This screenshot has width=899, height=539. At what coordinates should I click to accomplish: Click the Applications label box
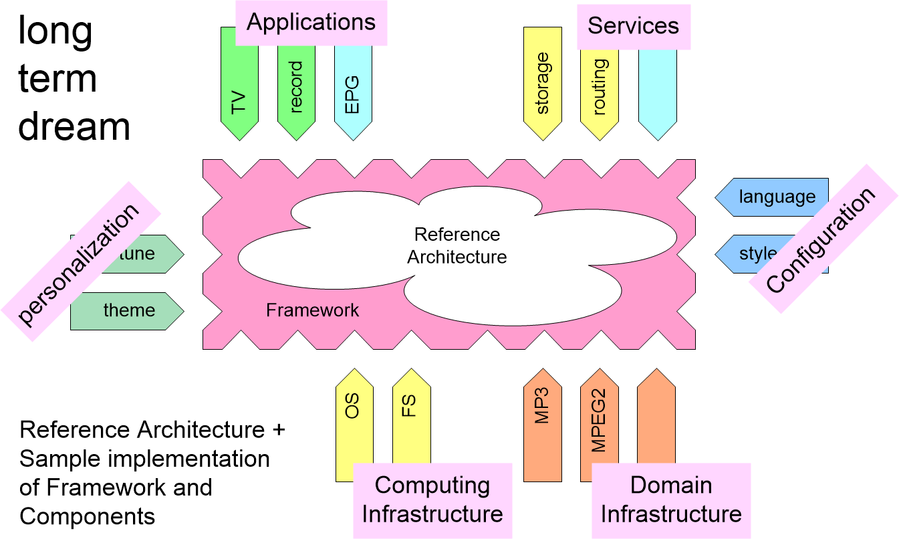click(311, 23)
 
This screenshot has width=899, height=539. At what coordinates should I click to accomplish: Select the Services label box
click(633, 26)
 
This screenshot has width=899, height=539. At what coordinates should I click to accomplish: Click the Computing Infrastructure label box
click(432, 500)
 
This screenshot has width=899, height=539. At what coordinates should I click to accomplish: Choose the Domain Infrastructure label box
click(671, 500)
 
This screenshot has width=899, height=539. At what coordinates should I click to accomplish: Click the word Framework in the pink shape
click(312, 310)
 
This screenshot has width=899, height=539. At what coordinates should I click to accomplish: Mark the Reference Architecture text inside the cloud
click(457, 245)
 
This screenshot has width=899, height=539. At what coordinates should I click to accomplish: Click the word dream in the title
click(74, 126)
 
